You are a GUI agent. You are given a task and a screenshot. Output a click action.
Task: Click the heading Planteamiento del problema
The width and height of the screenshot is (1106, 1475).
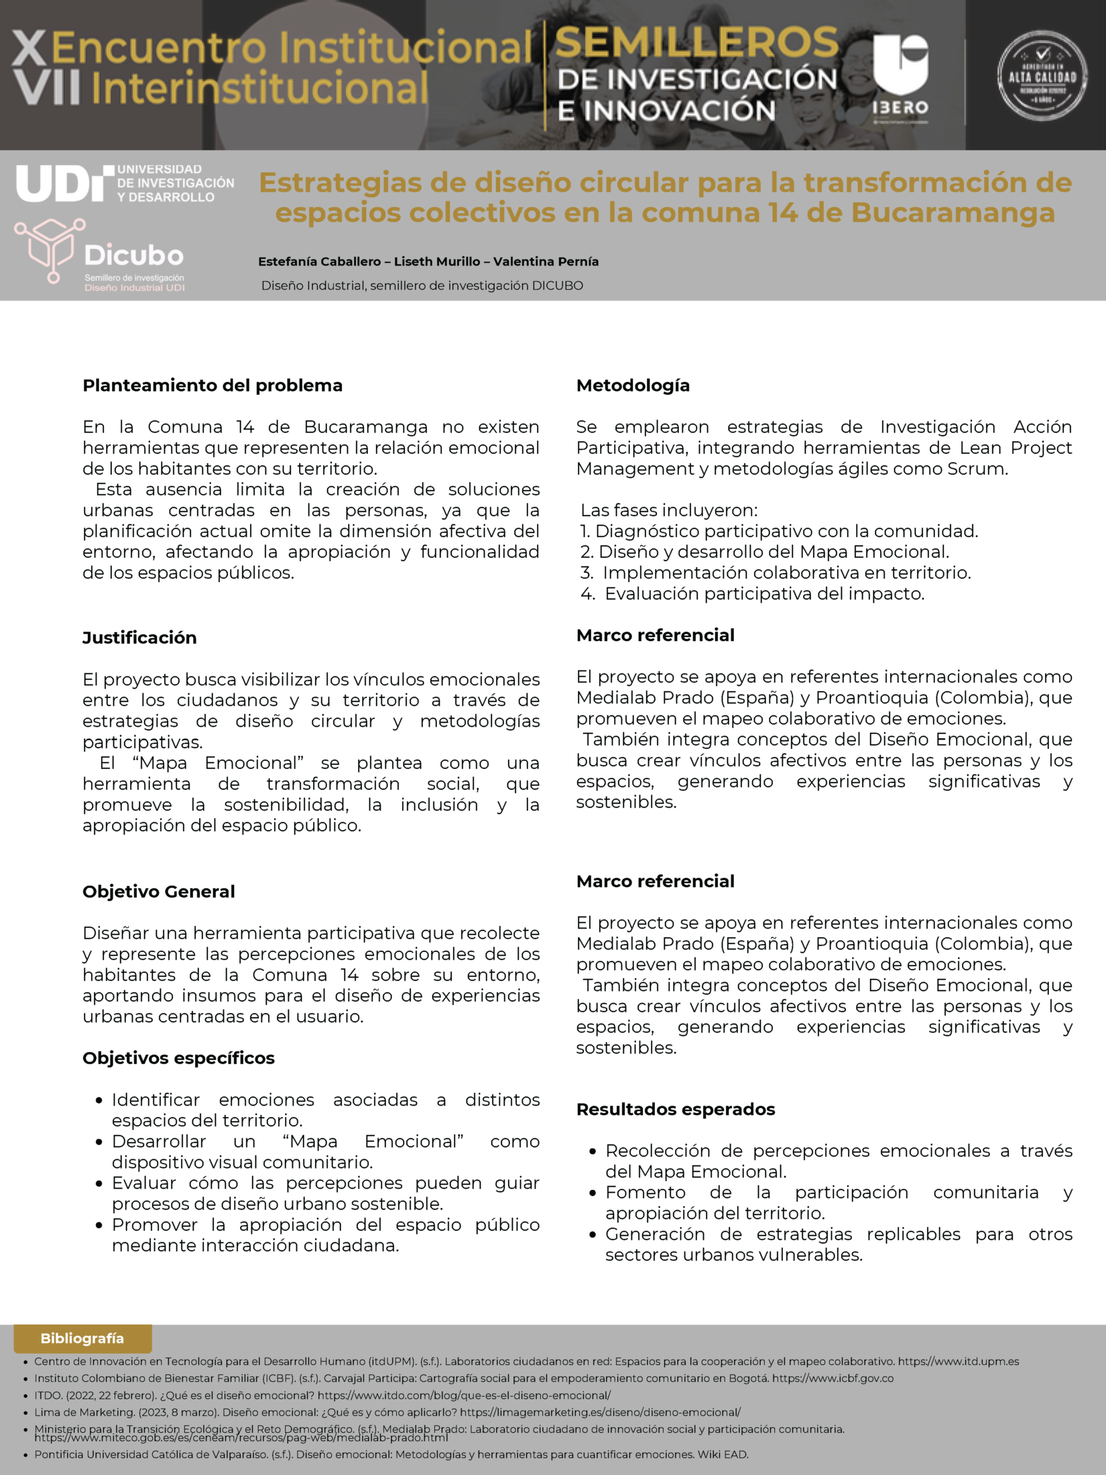click(212, 386)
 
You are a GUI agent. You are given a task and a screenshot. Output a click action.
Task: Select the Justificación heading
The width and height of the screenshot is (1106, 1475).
click(139, 638)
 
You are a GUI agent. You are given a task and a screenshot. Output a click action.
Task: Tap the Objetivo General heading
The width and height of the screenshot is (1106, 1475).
click(159, 892)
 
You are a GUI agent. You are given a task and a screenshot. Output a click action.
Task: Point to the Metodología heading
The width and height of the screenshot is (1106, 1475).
click(633, 386)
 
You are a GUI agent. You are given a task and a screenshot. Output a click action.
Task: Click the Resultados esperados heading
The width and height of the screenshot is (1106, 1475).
click(676, 1110)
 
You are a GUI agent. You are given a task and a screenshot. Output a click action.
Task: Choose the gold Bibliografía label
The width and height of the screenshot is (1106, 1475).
click(82, 1338)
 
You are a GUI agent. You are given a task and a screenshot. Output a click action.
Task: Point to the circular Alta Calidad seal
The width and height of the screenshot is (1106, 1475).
click(1042, 76)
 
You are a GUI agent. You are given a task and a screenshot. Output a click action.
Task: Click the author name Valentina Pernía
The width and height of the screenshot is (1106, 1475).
click(546, 261)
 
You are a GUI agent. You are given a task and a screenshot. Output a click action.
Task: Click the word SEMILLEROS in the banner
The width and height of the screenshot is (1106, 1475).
click(697, 43)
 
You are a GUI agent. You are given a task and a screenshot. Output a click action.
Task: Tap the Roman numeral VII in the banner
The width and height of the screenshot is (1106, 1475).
click(47, 88)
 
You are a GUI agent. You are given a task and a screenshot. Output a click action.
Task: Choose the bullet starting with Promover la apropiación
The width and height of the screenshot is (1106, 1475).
click(325, 1235)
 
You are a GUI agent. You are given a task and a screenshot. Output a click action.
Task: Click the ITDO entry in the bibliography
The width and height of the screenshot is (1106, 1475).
click(322, 1395)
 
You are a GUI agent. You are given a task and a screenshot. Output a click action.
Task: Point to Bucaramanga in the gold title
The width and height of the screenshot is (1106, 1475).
click(953, 213)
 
